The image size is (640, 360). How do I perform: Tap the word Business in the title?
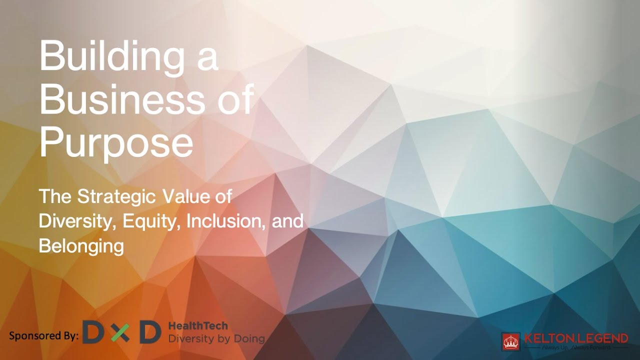122,99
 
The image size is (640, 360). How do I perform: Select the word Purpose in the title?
116,142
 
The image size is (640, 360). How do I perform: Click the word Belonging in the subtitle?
81,246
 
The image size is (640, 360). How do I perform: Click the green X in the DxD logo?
120,332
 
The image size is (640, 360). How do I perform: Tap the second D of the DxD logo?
149,332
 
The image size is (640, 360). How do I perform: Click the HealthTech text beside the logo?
198,326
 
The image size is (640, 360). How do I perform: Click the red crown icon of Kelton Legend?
511,341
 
